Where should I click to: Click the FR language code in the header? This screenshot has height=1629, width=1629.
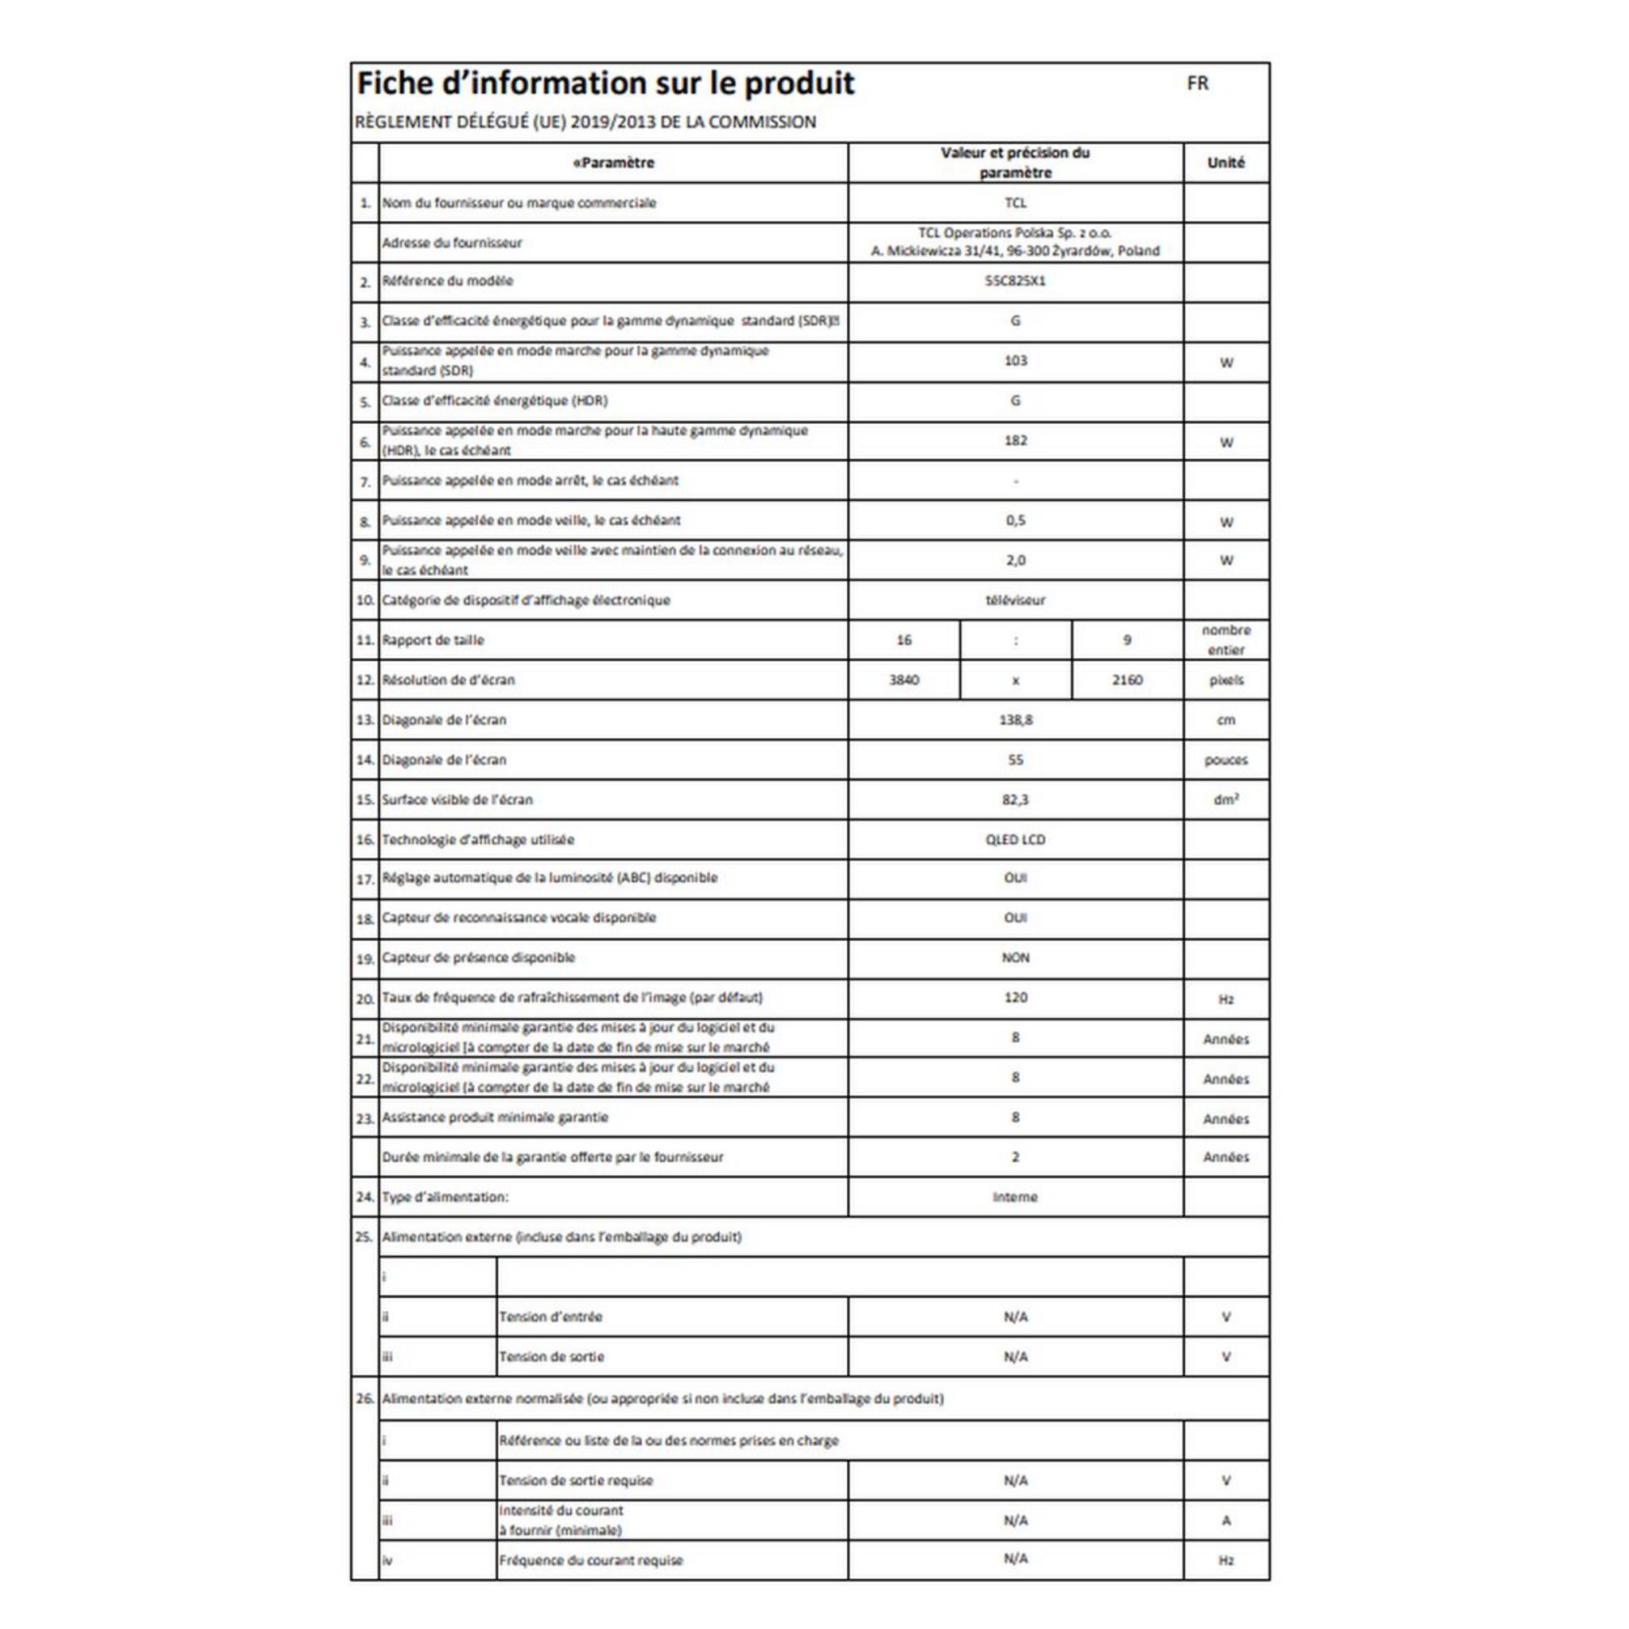pos(1197,84)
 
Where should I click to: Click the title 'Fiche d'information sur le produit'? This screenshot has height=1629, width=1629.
pos(605,84)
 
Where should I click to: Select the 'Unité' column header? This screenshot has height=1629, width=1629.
pos(1226,163)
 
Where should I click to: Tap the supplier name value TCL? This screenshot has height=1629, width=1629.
pos(1015,203)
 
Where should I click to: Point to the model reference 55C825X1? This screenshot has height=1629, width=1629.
pos(1015,281)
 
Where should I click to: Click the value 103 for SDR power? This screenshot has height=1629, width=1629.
pos(1015,361)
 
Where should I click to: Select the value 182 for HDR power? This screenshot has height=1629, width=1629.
pos(1015,441)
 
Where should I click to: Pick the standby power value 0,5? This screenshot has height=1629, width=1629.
pos(1015,520)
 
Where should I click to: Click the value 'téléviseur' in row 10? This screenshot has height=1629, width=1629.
pos(1015,601)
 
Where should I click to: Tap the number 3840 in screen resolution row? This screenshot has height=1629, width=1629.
pos(904,679)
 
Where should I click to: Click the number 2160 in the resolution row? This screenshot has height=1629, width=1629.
pos(1126,679)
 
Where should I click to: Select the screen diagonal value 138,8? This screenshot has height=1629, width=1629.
pos(1015,720)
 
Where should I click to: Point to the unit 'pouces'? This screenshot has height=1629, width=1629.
pos(1226,760)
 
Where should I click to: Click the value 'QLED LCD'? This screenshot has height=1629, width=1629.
pos(1015,840)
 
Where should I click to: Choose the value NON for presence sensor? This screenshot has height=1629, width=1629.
pos(1015,958)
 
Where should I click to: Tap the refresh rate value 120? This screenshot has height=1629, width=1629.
pos(1015,997)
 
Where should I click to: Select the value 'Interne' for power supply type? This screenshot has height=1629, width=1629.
pos(1015,1197)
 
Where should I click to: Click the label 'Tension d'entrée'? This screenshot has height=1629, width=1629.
pos(550,1317)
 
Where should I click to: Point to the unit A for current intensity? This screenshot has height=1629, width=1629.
pos(1226,1521)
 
